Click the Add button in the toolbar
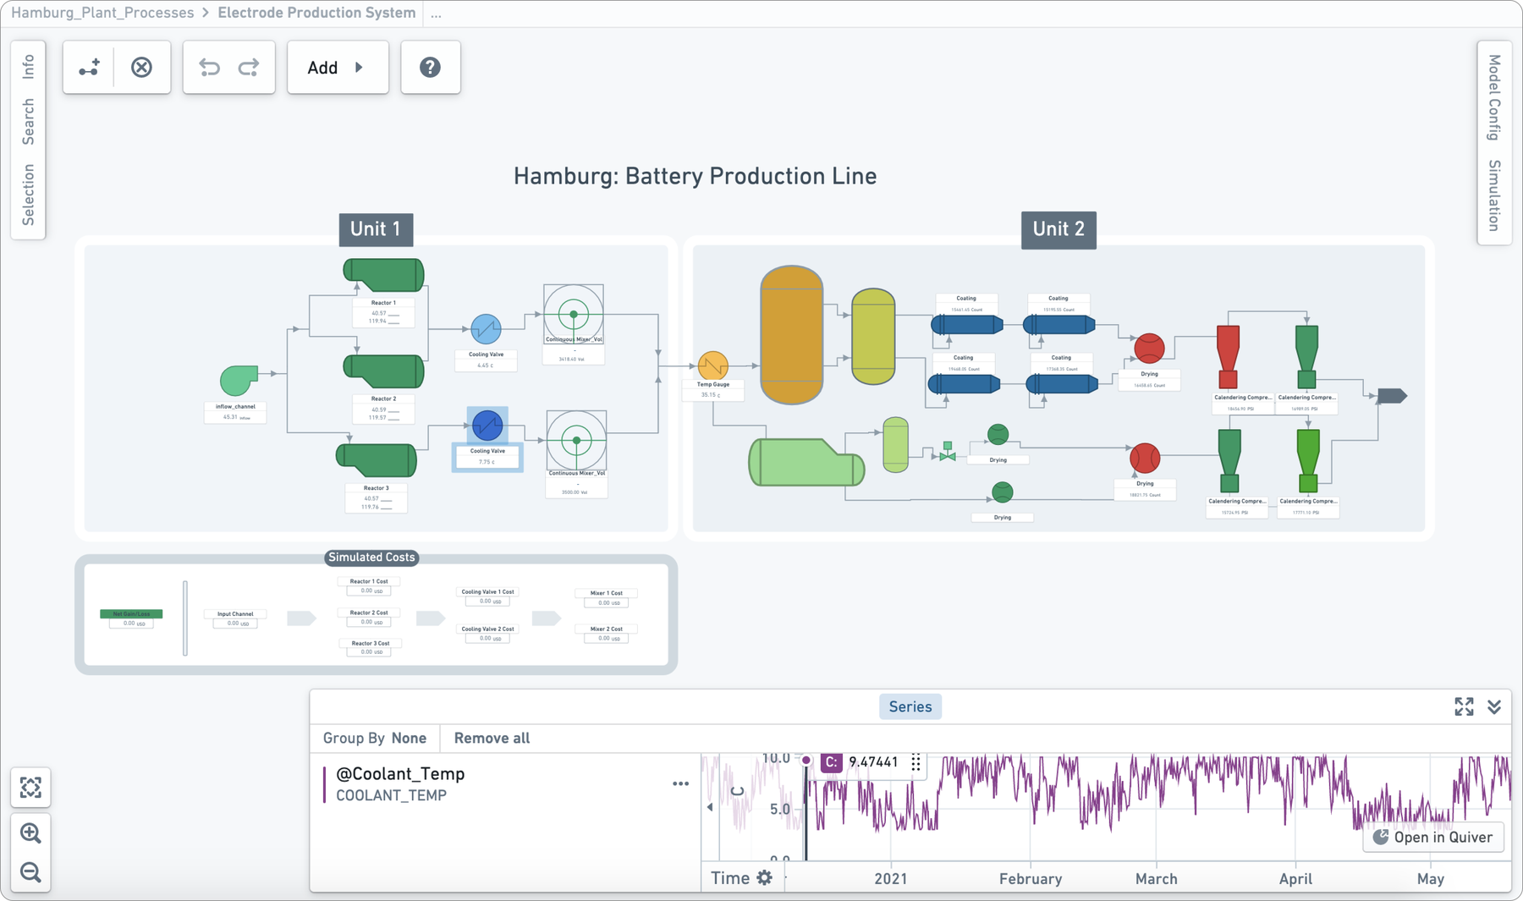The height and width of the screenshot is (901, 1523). click(337, 68)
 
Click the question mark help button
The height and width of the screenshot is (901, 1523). click(430, 68)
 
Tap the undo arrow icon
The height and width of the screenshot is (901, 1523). click(209, 68)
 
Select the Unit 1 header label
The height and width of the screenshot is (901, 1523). click(376, 229)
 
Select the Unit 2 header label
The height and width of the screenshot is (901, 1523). click(1058, 229)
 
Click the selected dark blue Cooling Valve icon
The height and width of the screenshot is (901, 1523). click(487, 425)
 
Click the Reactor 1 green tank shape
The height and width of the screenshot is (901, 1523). click(384, 275)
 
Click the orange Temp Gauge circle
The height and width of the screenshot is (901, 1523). click(712, 365)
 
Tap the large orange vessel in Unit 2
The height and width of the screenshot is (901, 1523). click(791, 334)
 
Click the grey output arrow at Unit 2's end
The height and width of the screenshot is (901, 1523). click(1391, 396)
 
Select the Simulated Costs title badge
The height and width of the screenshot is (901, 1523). click(371, 557)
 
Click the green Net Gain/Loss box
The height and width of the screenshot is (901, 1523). click(131, 614)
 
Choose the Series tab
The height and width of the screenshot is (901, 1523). click(910, 706)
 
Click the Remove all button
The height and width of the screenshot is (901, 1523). click(492, 738)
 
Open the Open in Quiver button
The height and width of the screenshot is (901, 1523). click(1433, 837)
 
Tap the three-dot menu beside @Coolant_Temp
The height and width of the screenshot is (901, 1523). click(680, 783)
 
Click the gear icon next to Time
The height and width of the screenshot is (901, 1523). click(764, 878)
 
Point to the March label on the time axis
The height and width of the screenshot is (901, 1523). click(1156, 878)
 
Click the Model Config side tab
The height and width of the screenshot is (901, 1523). click(1494, 97)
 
